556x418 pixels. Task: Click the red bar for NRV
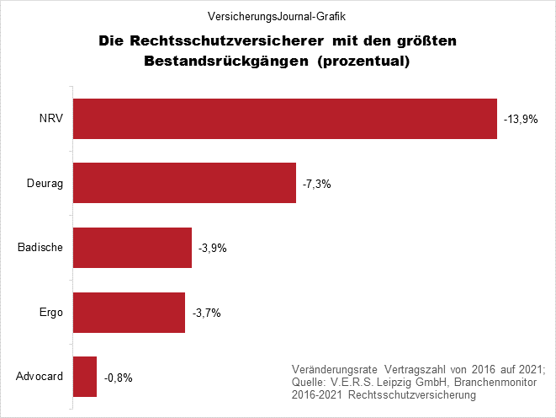coord(285,119)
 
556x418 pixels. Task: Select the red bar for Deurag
coord(185,183)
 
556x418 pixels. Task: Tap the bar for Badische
coord(133,248)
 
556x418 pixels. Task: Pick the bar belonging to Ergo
coord(130,312)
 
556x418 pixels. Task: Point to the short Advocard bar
coord(86,377)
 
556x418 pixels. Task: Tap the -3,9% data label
coord(212,249)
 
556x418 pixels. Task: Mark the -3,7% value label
coord(205,313)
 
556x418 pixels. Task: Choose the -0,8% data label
coord(118,378)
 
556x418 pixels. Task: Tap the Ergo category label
coord(53,312)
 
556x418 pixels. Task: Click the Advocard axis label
coord(40,377)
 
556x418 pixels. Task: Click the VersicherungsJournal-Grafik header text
coord(277,15)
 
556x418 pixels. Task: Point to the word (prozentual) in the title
coord(364,62)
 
